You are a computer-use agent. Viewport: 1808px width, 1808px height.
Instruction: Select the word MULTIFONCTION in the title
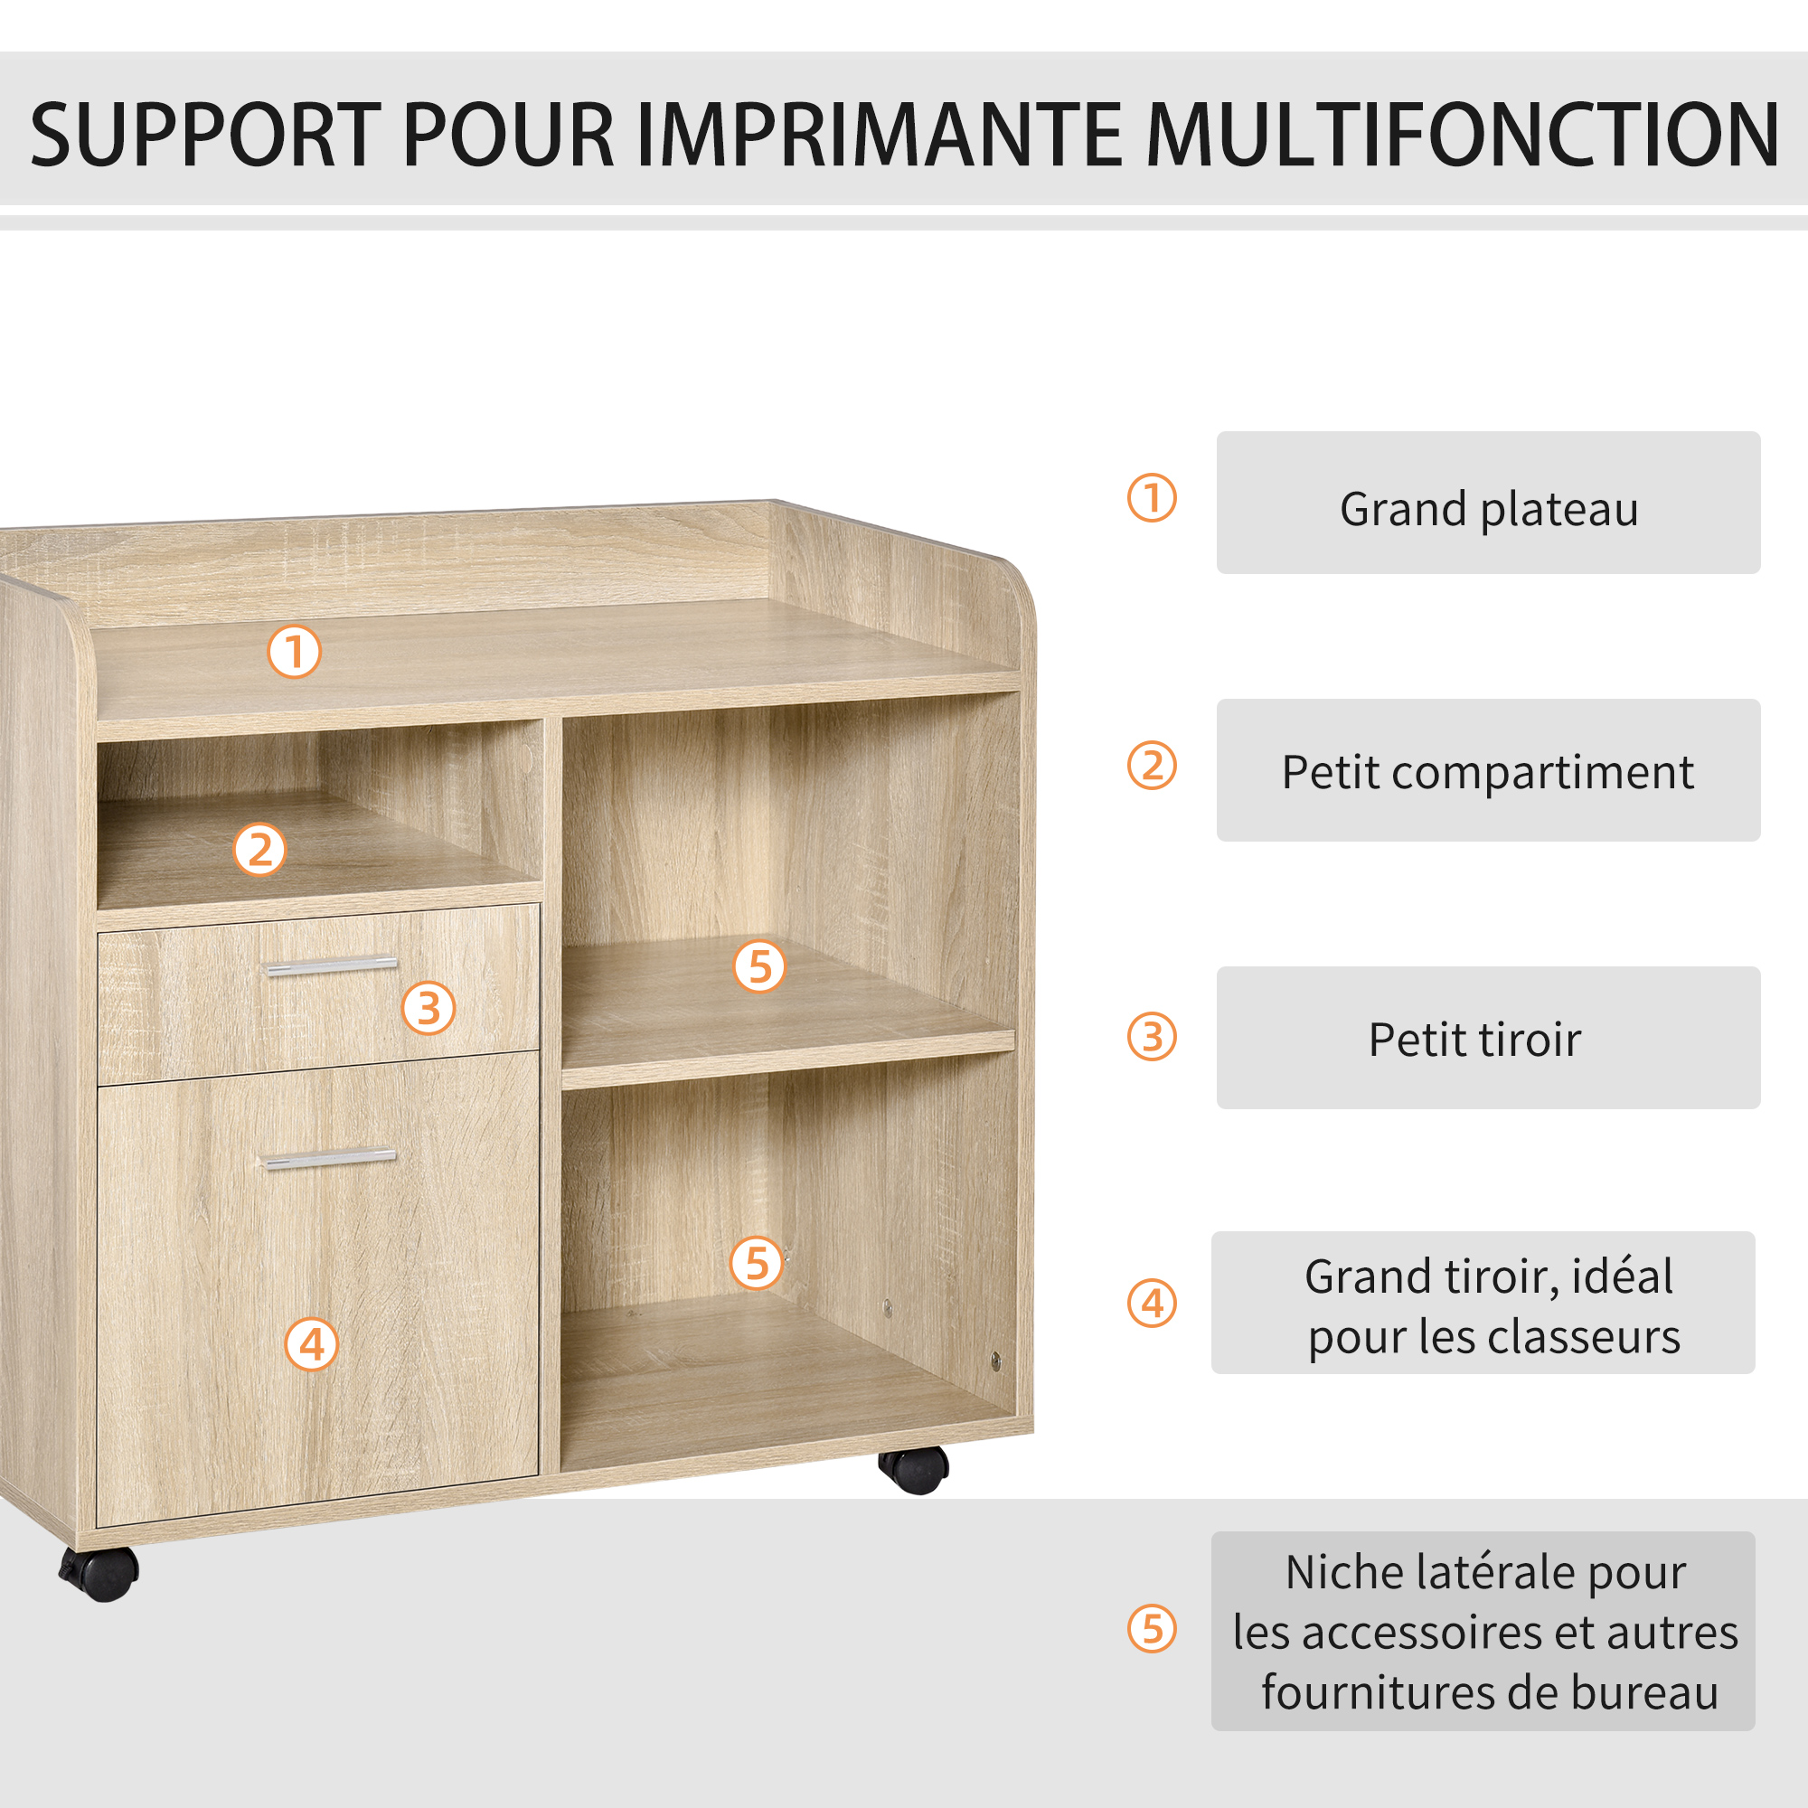[1463, 135]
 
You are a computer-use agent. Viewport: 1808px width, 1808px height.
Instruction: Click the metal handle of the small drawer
[331, 966]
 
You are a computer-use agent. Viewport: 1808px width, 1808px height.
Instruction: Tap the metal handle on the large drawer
[329, 1160]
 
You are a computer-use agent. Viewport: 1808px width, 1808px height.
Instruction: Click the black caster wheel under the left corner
[99, 1573]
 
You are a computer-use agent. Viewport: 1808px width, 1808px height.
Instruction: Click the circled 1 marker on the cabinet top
[295, 651]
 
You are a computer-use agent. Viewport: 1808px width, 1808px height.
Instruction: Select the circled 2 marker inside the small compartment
[259, 850]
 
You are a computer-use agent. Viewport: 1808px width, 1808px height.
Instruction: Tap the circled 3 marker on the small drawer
[428, 1009]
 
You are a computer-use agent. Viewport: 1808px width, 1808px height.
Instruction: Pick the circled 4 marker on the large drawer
[312, 1345]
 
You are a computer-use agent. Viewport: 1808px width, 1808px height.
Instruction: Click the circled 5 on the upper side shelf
[759, 966]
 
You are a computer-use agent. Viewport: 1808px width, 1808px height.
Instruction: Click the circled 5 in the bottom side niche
[756, 1264]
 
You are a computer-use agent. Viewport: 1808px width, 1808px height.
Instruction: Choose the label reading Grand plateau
[1488, 503]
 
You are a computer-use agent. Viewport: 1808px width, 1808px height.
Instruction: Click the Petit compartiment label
[1488, 770]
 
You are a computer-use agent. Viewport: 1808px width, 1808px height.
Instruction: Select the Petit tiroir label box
[1488, 1038]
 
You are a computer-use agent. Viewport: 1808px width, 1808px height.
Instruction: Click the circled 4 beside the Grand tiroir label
[1152, 1304]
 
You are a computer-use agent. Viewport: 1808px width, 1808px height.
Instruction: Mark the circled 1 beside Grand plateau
[1152, 498]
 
